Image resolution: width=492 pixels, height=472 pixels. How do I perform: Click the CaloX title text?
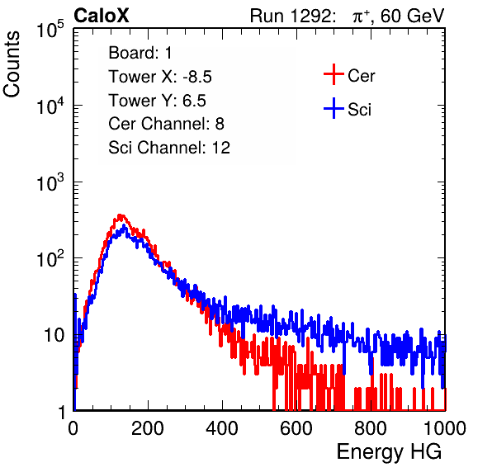pyautogui.click(x=101, y=16)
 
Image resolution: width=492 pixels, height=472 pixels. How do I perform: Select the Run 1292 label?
pyautogui.click(x=291, y=16)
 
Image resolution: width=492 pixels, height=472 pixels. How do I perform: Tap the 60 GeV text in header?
pyautogui.click(x=413, y=16)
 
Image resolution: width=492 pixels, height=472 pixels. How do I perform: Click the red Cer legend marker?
pyautogui.click(x=334, y=74)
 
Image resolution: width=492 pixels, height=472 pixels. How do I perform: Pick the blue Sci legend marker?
pyautogui.click(x=334, y=108)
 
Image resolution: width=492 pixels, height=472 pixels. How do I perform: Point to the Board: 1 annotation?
pyautogui.click(x=140, y=53)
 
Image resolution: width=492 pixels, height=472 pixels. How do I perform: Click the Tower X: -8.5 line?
pyautogui.click(x=160, y=77)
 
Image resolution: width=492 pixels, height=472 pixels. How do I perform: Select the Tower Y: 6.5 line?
pyautogui.click(x=157, y=101)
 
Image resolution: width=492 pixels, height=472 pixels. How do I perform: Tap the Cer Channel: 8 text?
pyautogui.click(x=166, y=124)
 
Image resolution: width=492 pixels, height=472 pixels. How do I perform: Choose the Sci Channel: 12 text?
pyautogui.click(x=169, y=148)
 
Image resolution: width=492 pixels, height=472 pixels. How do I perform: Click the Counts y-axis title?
pyautogui.click(x=12, y=64)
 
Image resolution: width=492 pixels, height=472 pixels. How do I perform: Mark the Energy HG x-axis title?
pyautogui.click(x=389, y=452)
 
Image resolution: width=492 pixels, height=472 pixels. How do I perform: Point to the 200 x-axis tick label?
pyautogui.click(x=148, y=428)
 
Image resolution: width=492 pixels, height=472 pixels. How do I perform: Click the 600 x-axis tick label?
pyautogui.click(x=296, y=428)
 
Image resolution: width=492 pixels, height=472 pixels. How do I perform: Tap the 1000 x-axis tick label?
pyautogui.click(x=445, y=428)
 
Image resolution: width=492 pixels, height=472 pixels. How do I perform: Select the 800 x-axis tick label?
pyautogui.click(x=371, y=428)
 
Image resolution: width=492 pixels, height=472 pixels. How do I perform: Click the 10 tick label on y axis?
pyautogui.click(x=54, y=335)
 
